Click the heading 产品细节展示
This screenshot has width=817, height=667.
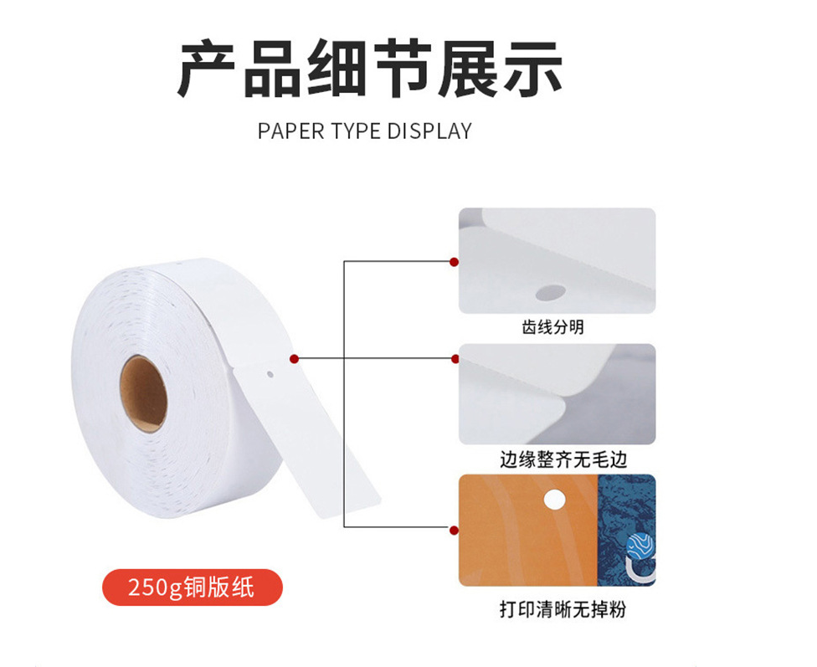pos(369,69)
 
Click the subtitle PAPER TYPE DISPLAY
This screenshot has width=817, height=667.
pos(365,131)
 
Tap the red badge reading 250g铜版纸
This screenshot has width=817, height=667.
pos(193,587)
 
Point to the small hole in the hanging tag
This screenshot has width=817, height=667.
pos(270,373)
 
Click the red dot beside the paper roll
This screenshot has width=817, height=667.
pos(294,358)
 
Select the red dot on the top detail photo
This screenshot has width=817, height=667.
pos(454,262)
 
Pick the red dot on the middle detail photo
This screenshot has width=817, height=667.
pos(455,358)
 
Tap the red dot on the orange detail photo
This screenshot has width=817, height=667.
pos(454,531)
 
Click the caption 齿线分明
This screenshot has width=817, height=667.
pos(552,327)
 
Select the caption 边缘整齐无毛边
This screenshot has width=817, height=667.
pos(563,459)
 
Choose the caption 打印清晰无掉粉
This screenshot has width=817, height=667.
pos(563,608)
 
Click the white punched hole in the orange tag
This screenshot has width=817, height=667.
pos(554,500)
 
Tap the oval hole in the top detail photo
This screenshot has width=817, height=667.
pos(551,292)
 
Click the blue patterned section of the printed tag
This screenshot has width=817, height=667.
pos(626,530)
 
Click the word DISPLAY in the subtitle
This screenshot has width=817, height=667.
pos(430,131)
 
